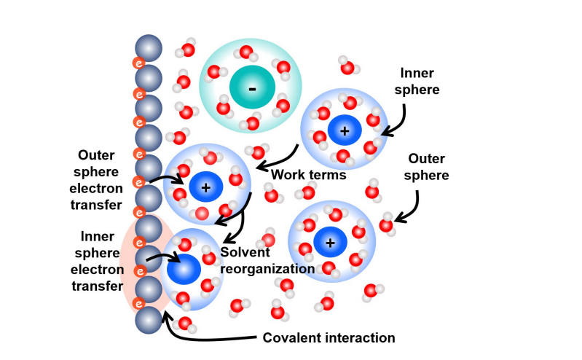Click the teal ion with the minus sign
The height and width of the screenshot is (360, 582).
click(x=252, y=89)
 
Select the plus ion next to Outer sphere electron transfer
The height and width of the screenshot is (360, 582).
click(x=206, y=187)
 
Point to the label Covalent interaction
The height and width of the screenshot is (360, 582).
click(x=328, y=337)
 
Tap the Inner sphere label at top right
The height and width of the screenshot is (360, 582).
click(x=420, y=82)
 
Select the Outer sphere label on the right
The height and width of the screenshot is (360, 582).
click(x=428, y=167)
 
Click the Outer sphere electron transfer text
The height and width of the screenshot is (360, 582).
click(x=101, y=180)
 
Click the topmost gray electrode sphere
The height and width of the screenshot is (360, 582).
click(x=149, y=47)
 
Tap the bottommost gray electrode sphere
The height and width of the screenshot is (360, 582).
click(x=149, y=319)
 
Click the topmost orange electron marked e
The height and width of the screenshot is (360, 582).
click(x=136, y=63)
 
